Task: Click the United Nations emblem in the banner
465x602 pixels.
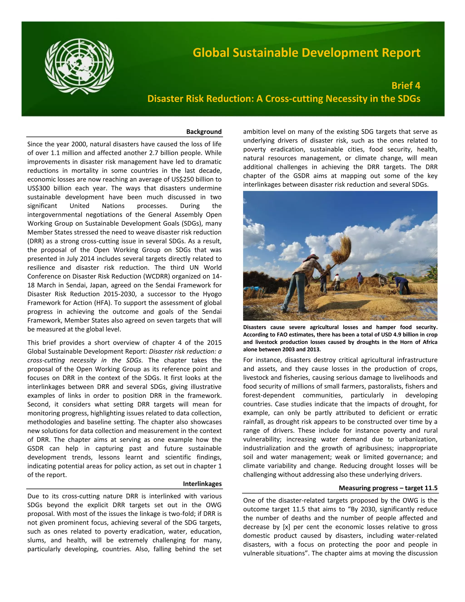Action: click(79, 66)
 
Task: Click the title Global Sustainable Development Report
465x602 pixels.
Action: click(306, 53)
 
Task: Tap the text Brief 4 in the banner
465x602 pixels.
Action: click(406, 86)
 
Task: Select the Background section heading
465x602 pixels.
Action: click(204, 132)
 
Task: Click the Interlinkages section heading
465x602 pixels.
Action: click(202, 484)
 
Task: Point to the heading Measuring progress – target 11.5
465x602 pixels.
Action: click(388, 488)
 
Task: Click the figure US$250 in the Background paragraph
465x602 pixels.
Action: click(184, 179)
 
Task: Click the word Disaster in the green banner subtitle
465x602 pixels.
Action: click(165, 99)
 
